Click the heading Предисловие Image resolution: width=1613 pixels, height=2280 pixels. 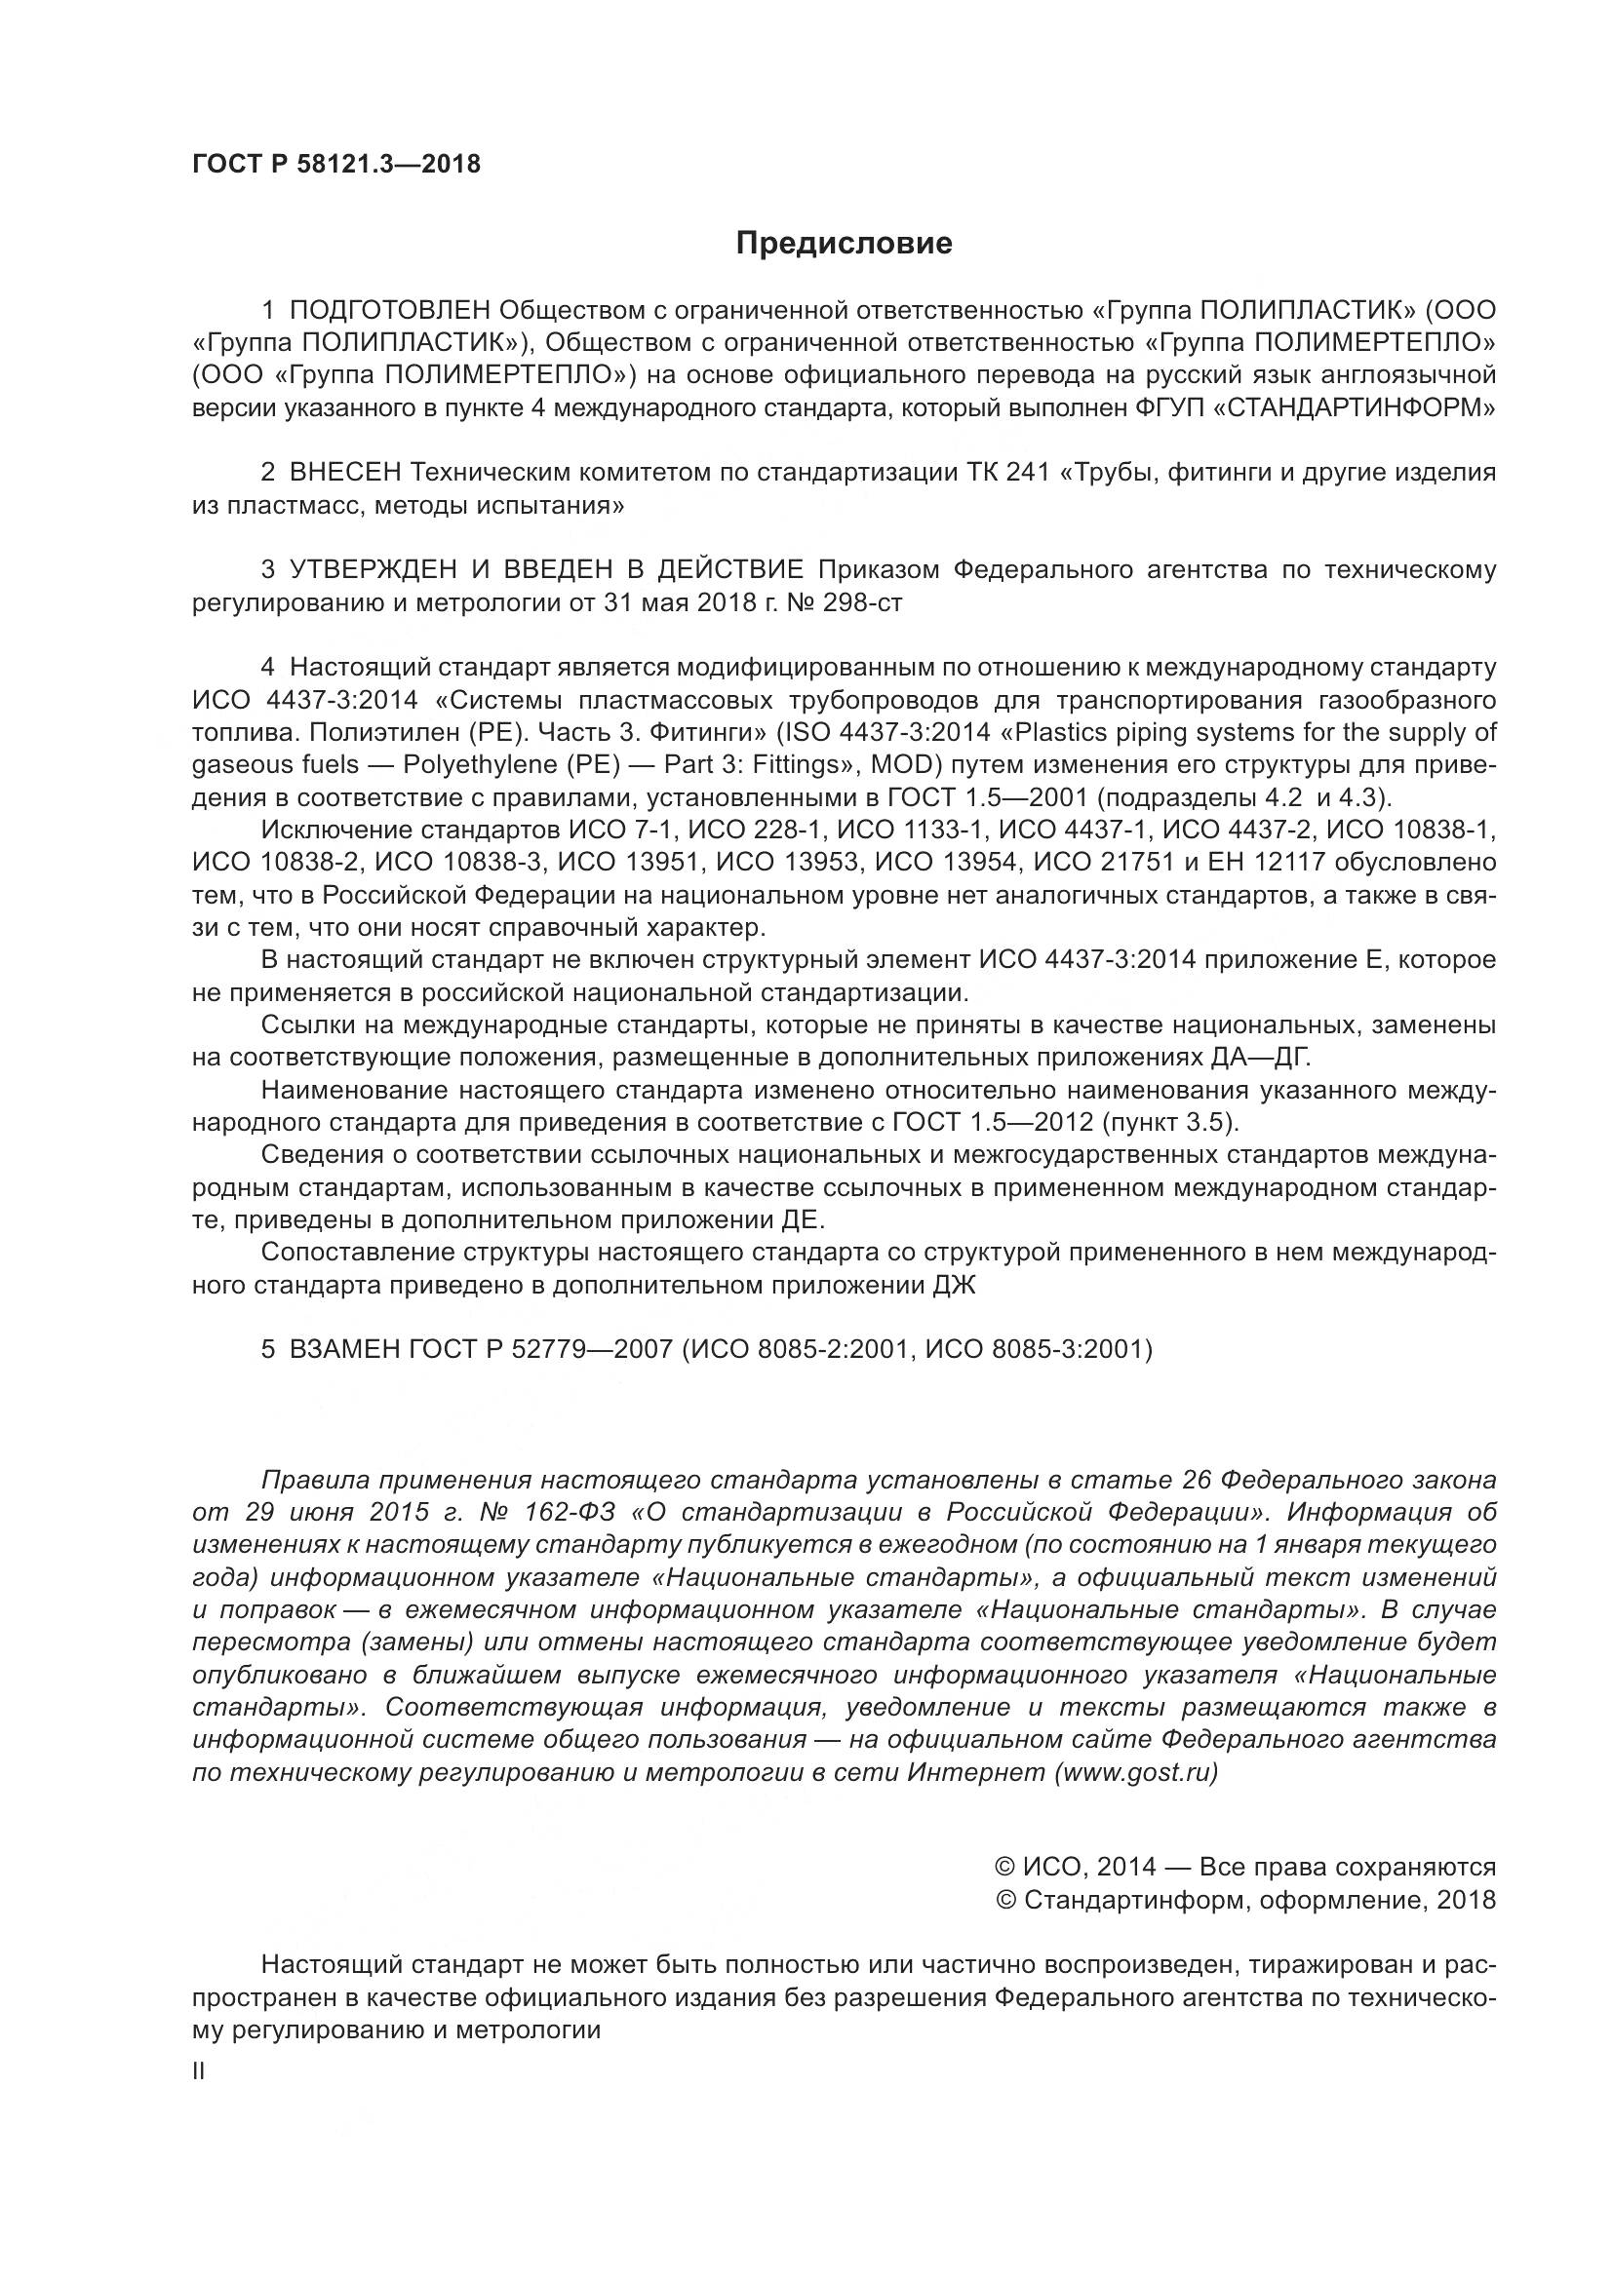tap(844, 244)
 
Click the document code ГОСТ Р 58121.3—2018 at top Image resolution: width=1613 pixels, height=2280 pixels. tap(335, 165)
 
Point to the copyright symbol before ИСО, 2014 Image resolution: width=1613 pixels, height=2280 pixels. tap(1003, 1867)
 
